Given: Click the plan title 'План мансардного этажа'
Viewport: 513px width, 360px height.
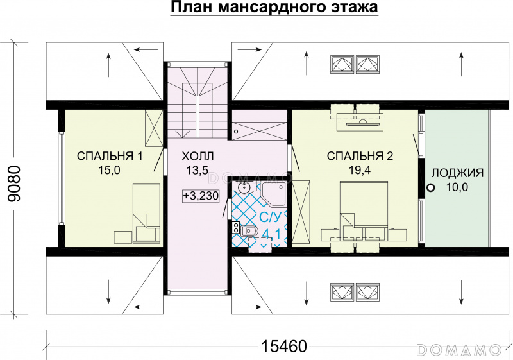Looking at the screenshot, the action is click(274, 7).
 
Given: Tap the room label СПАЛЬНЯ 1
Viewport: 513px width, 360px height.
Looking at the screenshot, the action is click(110, 156).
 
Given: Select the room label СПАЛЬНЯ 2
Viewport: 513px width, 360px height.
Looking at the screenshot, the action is click(360, 156).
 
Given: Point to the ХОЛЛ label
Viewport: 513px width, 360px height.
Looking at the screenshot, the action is click(198, 156).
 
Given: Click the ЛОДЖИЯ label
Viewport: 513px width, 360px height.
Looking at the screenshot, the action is click(457, 173).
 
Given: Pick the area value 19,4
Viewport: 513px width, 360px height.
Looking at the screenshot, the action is click(360, 170).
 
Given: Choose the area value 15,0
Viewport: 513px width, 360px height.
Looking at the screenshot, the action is click(109, 170).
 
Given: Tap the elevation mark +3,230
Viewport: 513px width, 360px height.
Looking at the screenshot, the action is click(201, 196).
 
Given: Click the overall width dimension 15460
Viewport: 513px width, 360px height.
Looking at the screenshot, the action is click(284, 347).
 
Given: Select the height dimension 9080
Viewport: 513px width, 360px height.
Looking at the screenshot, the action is click(14, 184).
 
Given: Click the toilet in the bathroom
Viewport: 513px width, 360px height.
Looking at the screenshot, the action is click(249, 231).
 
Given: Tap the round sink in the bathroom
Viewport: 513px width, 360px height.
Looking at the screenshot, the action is click(244, 187).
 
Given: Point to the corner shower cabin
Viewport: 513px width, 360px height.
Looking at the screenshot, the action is click(273, 194).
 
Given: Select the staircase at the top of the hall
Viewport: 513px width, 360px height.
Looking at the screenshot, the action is click(198, 100).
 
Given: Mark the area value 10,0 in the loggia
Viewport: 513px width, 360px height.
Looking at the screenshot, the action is click(457, 187).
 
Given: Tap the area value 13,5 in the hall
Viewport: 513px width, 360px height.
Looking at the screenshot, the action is click(198, 170).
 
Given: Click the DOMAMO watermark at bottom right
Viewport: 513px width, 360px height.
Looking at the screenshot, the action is click(459, 350).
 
